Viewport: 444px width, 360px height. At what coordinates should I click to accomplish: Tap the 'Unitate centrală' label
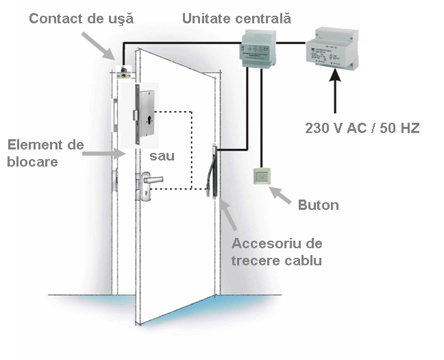(236, 18)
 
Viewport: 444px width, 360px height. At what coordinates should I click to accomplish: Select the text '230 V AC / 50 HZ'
(362, 128)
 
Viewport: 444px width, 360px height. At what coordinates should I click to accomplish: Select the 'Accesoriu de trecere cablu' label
(277, 252)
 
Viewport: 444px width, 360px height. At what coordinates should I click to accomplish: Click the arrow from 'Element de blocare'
(103, 154)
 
